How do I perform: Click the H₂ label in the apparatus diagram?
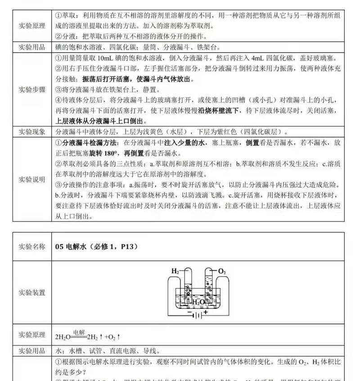pyautogui.click(x=175, y=271)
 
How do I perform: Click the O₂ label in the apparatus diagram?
pyautogui.click(x=222, y=271)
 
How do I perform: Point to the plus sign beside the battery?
pyautogui.click(x=206, y=311)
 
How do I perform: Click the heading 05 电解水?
pyautogui.click(x=72, y=247)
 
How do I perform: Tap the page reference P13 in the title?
pyautogui.click(x=127, y=247)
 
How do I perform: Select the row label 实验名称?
pyautogui.click(x=32, y=247)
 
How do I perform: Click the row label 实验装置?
pyautogui.click(x=32, y=293)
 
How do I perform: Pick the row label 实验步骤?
pyautogui.click(x=32, y=89)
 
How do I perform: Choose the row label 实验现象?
pyautogui.click(x=32, y=132)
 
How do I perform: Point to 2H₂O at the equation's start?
pyautogui.click(x=63, y=336)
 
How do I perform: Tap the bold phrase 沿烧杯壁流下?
pyautogui.click(x=218, y=110)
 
